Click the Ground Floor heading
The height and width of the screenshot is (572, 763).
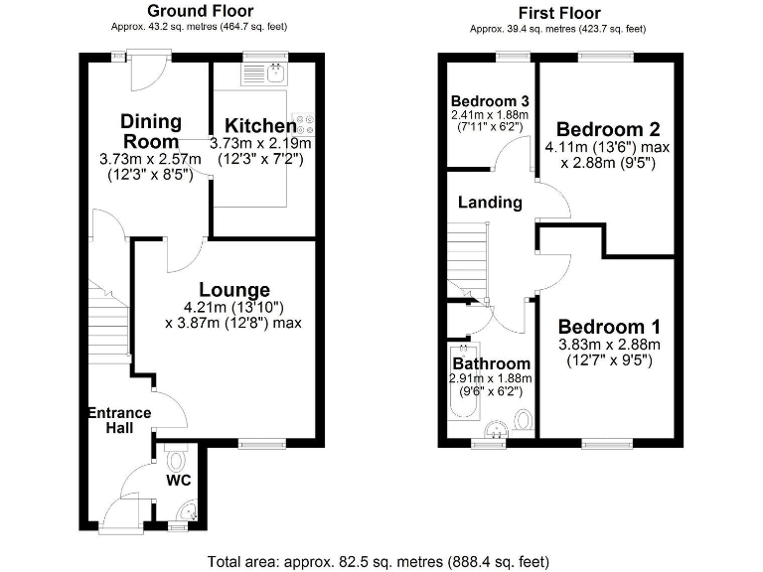[200, 11]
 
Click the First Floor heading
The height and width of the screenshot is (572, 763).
[558, 13]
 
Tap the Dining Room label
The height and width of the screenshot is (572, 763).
[151, 131]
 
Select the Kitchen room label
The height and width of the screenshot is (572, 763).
[260, 126]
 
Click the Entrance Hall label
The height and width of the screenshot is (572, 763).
[119, 420]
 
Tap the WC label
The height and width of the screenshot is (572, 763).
[180, 481]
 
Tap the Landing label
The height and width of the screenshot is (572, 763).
[490, 203]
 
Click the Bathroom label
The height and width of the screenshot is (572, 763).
[493, 364]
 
